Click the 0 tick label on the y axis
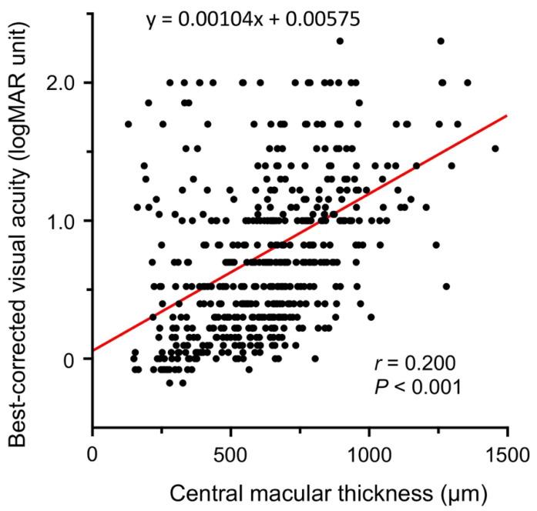[x=74, y=359]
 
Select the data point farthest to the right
[x=495, y=149]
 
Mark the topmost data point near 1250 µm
[x=441, y=41]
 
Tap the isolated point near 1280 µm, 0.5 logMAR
[x=446, y=286]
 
